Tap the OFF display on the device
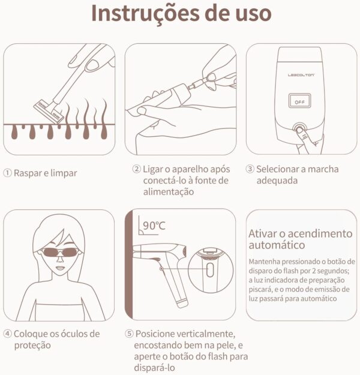pos(299,101)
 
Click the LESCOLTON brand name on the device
pos(301,75)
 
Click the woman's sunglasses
pos(60,252)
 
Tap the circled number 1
pos(7,173)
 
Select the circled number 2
pos(136,169)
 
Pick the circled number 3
pos(250,169)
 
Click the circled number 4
pos(7,334)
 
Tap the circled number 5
pos(129,334)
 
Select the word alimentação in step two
pos(169,192)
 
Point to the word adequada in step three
pos(277,181)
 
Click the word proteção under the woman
pos(32,346)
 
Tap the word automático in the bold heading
pos(277,245)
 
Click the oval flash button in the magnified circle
pos(210,270)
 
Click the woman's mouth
pos(60,268)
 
